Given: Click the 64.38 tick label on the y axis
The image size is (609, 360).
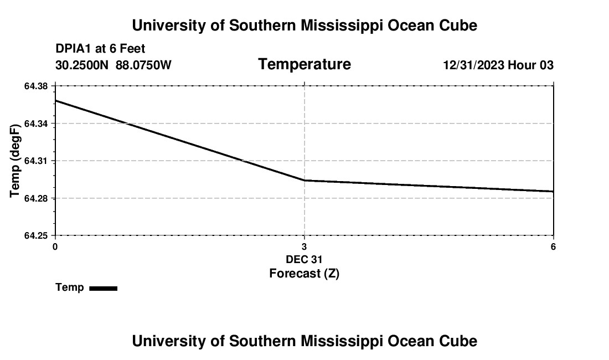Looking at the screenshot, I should tap(37, 86).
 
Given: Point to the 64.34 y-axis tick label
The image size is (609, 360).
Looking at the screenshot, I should tap(37, 124).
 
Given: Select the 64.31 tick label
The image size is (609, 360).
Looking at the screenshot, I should tap(37, 161).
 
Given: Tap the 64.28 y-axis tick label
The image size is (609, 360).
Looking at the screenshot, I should tap(37, 198).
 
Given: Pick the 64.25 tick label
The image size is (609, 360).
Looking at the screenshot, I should tap(37, 236).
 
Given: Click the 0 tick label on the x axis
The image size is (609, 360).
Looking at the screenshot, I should tap(55, 246).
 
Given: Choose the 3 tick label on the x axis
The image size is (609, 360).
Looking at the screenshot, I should tap(304, 246).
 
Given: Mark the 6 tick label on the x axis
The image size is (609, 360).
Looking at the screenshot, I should tap(553, 246).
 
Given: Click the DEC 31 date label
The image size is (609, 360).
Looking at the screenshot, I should tap(304, 259).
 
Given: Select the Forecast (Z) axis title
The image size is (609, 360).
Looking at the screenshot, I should tap(304, 273).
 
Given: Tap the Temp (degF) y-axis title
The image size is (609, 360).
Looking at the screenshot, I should tap(16, 161).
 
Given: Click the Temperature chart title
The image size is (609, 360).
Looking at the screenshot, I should tap(304, 64).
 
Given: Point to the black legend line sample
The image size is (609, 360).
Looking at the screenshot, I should tap(104, 288).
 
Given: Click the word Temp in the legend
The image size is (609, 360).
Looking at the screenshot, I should tap(70, 287).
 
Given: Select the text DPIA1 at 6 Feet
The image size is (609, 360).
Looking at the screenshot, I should tap(100, 49).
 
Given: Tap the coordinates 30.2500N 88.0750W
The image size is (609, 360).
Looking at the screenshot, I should tap(113, 65).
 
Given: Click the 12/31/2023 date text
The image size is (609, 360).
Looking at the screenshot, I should tap(473, 65).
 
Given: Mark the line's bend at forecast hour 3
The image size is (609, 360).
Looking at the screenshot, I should tap(304, 181).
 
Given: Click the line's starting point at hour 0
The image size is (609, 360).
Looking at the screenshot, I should tap(55, 101).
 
